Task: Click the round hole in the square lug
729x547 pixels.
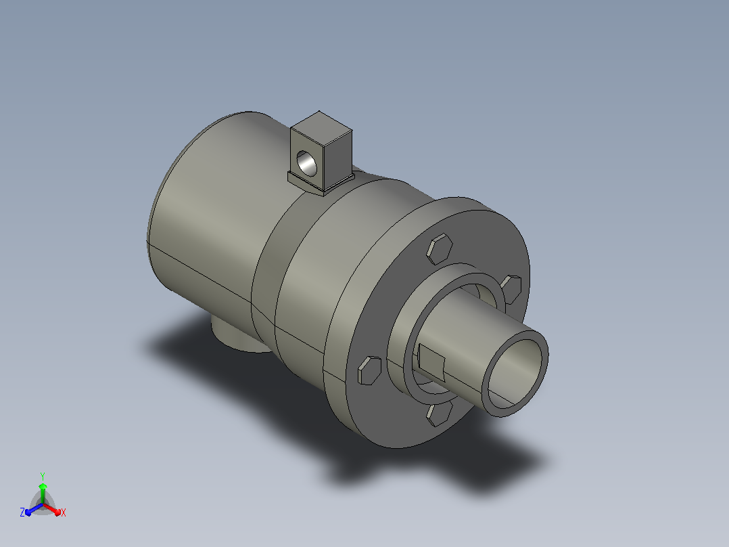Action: pyautogui.click(x=306, y=163)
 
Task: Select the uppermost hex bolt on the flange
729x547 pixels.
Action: pyautogui.click(x=440, y=248)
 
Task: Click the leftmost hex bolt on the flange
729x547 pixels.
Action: pyautogui.click(x=370, y=370)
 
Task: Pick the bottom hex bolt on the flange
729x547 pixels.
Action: pyautogui.click(x=440, y=414)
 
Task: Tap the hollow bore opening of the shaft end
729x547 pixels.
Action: pyautogui.click(x=515, y=374)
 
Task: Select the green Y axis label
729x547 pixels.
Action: pyautogui.click(x=43, y=477)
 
